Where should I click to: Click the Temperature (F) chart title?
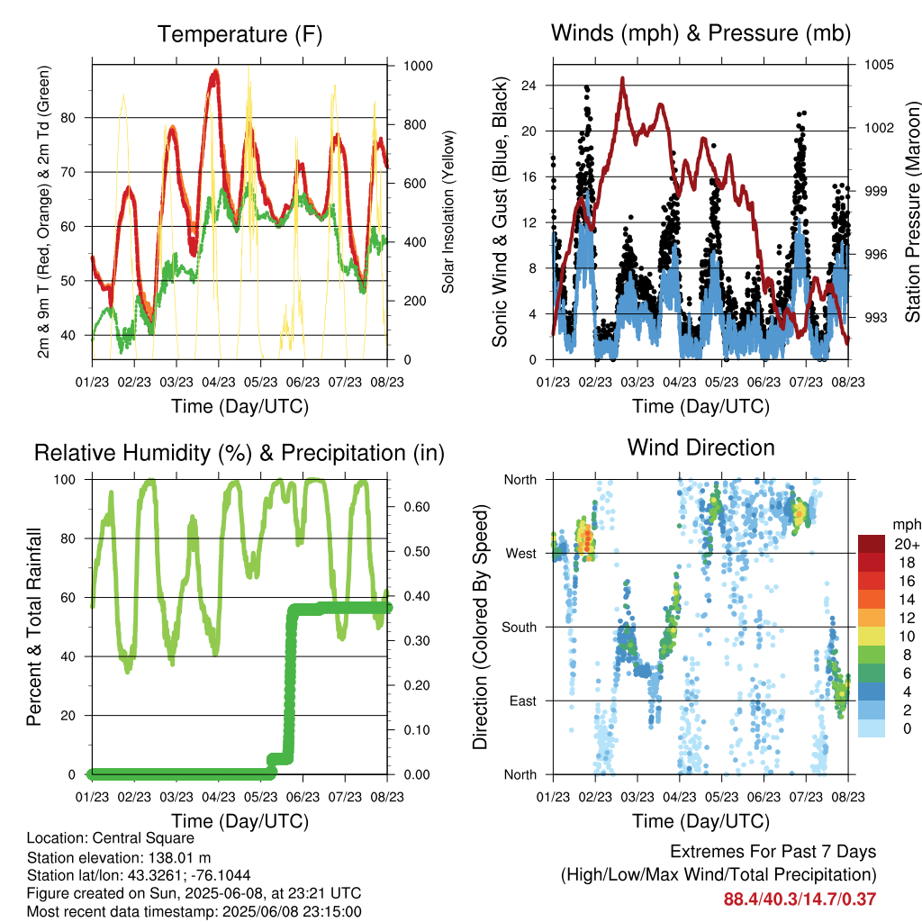[240, 34]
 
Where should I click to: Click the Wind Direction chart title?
[701, 447]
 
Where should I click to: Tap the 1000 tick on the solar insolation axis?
[418, 66]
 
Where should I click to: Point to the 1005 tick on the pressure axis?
[879, 65]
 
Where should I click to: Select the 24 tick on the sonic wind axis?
[529, 86]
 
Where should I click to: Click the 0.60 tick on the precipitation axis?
[417, 507]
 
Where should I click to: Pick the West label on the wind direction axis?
[521, 554]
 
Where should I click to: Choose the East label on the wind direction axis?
[523, 701]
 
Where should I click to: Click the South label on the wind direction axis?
[520, 628]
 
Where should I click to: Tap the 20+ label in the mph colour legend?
[907, 544]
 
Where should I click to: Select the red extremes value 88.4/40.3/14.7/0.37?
[800, 899]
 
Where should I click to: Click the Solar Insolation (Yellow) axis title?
[448, 212]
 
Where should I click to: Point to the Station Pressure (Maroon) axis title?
[912, 212]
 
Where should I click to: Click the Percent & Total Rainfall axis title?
[34, 627]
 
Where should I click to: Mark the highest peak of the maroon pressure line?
[622, 78]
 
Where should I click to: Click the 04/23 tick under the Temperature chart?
[219, 382]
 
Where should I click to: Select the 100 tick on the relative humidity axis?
[65, 480]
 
